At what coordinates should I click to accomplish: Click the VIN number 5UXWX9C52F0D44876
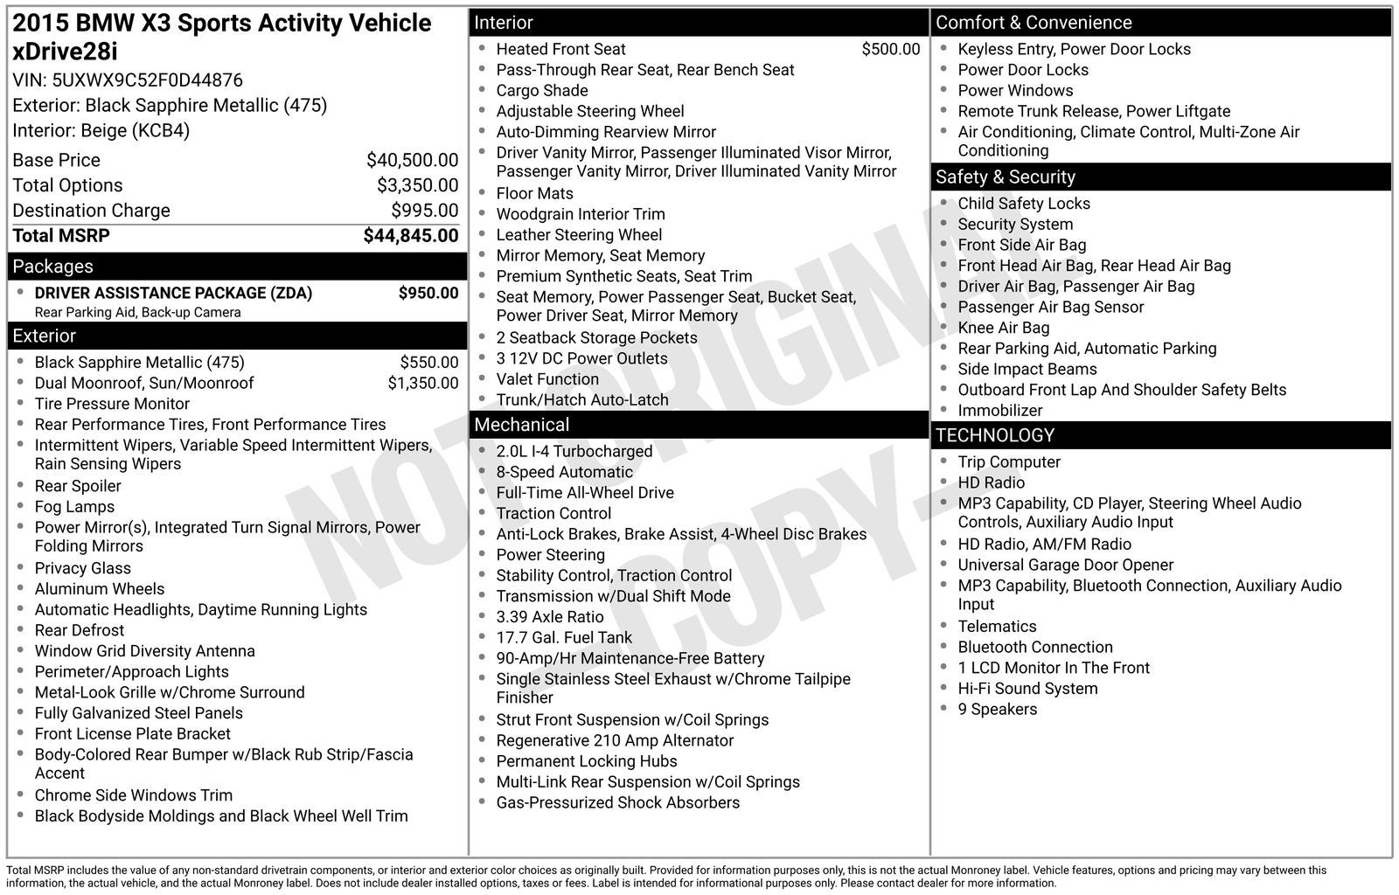click(x=147, y=80)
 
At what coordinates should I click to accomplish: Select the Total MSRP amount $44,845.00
click(x=410, y=236)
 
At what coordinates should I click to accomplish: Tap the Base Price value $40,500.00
click(x=412, y=160)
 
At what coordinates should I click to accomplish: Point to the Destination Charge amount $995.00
click(x=424, y=211)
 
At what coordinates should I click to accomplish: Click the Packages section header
click(x=52, y=267)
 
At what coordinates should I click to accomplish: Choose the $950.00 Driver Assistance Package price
click(x=428, y=293)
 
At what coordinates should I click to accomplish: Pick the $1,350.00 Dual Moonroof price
click(x=422, y=383)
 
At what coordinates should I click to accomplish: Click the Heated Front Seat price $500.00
click(x=890, y=49)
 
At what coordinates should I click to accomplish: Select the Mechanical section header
click(x=521, y=425)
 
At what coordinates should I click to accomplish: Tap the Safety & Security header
click(x=1005, y=177)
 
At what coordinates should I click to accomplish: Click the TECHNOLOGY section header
click(x=994, y=435)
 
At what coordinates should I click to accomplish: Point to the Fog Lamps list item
click(x=74, y=507)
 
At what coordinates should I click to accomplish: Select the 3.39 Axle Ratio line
click(x=549, y=617)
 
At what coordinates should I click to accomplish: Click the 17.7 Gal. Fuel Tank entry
click(x=563, y=638)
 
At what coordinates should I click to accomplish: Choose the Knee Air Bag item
click(x=1003, y=328)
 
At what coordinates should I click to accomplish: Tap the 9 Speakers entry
click(x=997, y=710)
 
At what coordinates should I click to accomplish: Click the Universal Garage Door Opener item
click(x=1065, y=565)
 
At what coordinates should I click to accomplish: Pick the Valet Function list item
click(x=547, y=379)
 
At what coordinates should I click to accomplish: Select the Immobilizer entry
click(x=999, y=411)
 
